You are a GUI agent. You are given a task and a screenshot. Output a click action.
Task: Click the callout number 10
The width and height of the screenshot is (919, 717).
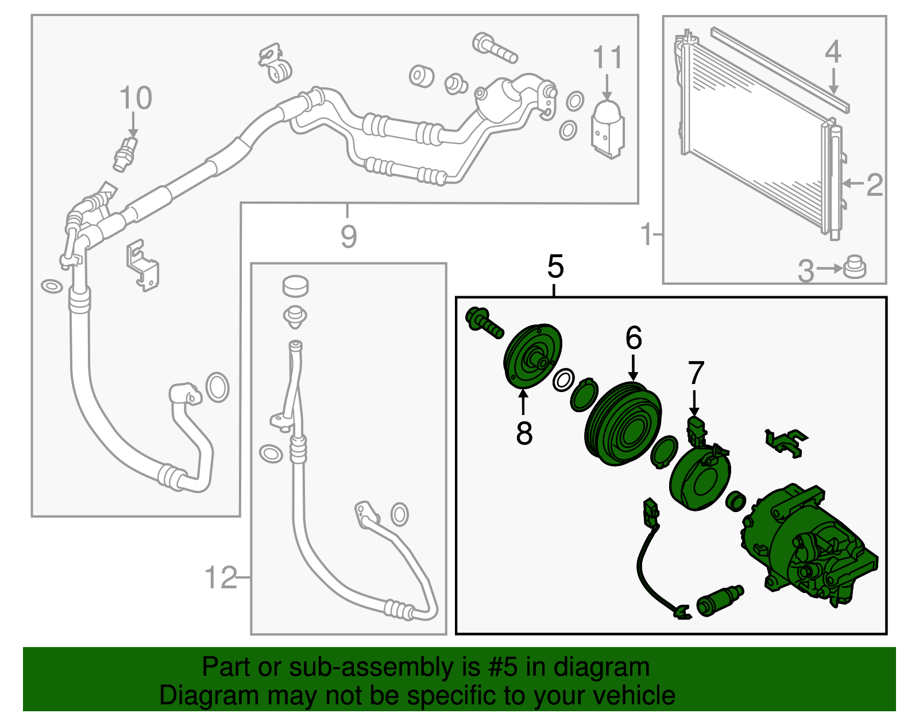click(x=136, y=98)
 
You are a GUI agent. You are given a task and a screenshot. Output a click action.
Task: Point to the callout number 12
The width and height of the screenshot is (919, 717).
click(x=221, y=578)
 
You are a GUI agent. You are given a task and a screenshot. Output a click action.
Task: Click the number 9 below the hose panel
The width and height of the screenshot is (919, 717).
click(x=349, y=237)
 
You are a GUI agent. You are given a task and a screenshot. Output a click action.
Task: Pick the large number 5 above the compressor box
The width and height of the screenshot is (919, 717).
click(x=555, y=266)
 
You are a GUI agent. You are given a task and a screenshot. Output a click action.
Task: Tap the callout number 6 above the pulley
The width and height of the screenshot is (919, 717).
click(x=634, y=338)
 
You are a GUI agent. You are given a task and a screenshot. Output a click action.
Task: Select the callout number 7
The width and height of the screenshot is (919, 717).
click(x=696, y=373)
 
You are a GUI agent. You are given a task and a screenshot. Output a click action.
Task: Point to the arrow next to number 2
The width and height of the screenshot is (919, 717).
click(x=853, y=183)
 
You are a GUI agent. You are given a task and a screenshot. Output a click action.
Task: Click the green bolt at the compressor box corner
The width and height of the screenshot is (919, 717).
click(x=484, y=323)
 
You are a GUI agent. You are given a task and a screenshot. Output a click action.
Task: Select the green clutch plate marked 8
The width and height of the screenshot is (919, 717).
click(x=532, y=356)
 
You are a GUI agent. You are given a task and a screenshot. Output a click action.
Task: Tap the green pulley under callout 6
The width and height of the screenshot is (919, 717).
click(x=623, y=423)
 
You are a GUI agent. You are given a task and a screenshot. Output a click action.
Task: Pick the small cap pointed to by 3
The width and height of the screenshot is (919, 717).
click(x=854, y=267)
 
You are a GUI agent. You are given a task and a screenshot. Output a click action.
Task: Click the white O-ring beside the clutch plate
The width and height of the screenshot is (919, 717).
click(x=564, y=380)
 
